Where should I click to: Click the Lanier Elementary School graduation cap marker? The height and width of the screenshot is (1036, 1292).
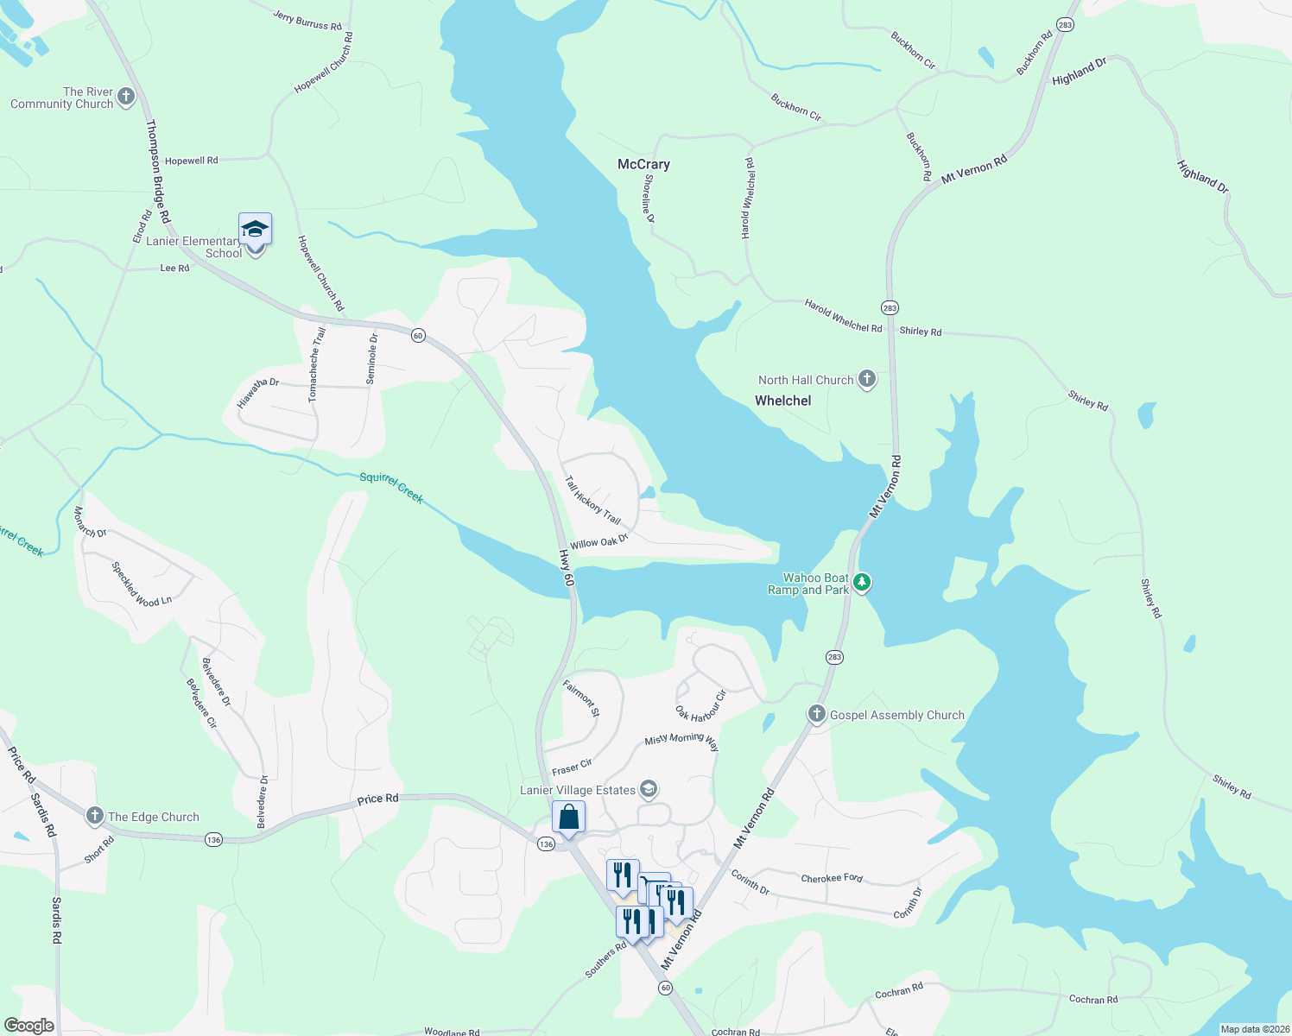tap(255, 230)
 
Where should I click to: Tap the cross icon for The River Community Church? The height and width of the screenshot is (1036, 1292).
tap(126, 97)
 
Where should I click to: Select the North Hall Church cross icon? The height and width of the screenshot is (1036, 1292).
tap(867, 379)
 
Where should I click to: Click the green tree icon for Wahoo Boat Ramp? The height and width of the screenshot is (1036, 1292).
tap(861, 583)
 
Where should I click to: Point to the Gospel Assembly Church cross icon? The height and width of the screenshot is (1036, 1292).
tap(816, 714)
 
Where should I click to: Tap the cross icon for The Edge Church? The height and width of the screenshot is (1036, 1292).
tap(95, 816)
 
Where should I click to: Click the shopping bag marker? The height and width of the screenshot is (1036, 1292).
tap(568, 817)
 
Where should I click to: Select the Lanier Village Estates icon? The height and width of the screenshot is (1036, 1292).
tap(649, 789)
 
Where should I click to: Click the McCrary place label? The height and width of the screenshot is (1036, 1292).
tap(643, 164)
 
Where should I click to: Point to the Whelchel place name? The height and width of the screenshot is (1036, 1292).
tap(782, 401)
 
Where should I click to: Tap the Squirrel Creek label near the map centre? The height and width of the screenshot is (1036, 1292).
tap(392, 487)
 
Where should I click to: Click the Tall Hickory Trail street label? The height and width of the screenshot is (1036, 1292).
tap(592, 500)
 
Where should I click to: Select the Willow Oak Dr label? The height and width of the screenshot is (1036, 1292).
tap(598, 542)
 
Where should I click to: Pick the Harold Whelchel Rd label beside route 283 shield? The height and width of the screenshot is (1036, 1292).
tap(842, 316)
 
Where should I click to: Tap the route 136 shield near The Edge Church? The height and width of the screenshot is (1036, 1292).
tap(213, 839)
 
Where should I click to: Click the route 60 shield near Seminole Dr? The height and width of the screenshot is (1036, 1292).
tap(418, 335)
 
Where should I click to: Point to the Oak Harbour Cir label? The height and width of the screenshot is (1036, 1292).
tap(701, 706)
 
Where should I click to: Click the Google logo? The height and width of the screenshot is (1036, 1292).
tap(29, 1026)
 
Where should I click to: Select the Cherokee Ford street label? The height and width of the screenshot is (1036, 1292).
tap(832, 878)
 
